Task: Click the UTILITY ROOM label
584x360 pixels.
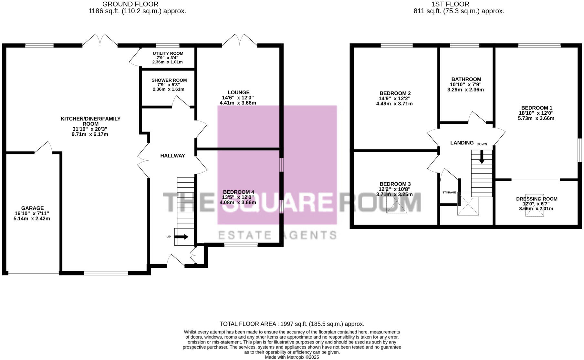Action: point(168,53)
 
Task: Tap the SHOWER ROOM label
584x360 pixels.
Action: point(169,80)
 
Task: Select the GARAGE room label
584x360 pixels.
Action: point(32,208)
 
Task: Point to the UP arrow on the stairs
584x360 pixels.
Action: point(182,237)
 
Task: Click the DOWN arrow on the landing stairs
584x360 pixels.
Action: point(482,158)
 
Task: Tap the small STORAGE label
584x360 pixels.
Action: point(449,192)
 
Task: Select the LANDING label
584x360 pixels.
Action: point(462,143)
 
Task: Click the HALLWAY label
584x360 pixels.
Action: point(172,156)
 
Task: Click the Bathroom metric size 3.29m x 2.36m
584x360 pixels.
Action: point(465,90)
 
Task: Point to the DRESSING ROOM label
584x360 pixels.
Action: point(537,199)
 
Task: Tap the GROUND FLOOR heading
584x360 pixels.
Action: point(130,4)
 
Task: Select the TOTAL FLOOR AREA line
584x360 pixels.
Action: point(292,324)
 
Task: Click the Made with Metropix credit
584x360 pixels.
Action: point(292,357)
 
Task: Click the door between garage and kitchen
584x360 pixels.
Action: point(44,148)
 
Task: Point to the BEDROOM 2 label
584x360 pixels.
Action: point(395,93)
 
